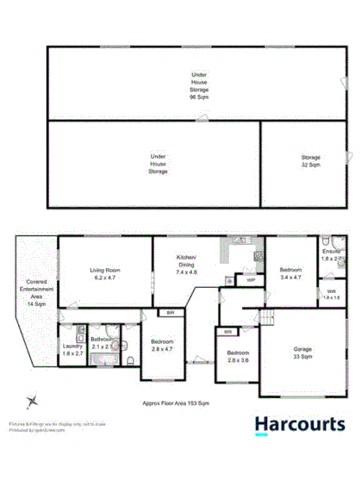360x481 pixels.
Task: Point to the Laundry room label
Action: [x=71, y=349]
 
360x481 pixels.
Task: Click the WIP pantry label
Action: [x=250, y=280]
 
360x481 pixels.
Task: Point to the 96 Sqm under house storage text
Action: [x=200, y=97]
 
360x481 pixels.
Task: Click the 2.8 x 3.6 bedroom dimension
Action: [x=238, y=358]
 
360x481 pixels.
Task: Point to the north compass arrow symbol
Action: [x=33, y=401]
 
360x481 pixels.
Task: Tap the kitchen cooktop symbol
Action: [x=257, y=256]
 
